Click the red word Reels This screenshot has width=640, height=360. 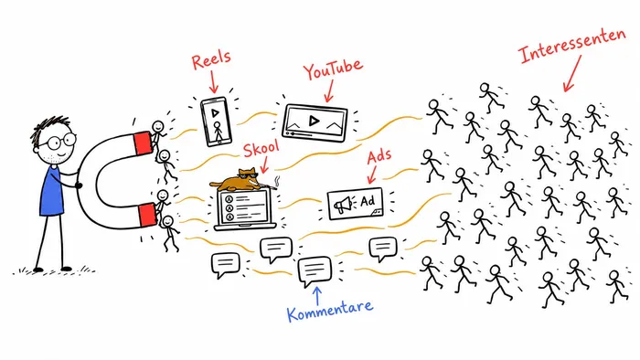coord(211,60)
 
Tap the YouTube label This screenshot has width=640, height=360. coord(333,69)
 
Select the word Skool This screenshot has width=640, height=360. coord(261,148)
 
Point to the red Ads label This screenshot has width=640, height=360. coord(379,156)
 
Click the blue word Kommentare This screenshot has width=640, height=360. coord(330,311)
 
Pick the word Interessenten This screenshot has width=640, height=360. coord(571,46)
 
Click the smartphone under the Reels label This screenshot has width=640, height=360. coord(216,122)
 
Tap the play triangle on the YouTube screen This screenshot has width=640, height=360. coord(314,121)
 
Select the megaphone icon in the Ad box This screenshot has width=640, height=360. coord(343,204)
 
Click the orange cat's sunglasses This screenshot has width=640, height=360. coord(248,176)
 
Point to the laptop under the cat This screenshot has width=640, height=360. coord(245,208)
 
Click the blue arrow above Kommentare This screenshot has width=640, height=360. coord(316,295)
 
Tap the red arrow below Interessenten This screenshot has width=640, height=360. coord(572,74)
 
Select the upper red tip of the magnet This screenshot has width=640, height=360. coord(144,143)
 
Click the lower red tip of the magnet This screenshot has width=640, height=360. coord(147,215)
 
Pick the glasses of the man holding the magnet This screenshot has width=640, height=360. coord(60,142)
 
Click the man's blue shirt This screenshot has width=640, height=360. coord(53,190)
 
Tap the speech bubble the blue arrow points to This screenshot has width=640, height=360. coord(315,270)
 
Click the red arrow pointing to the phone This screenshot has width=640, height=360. coord(213,81)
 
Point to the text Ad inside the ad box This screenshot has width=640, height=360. coord(368,201)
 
